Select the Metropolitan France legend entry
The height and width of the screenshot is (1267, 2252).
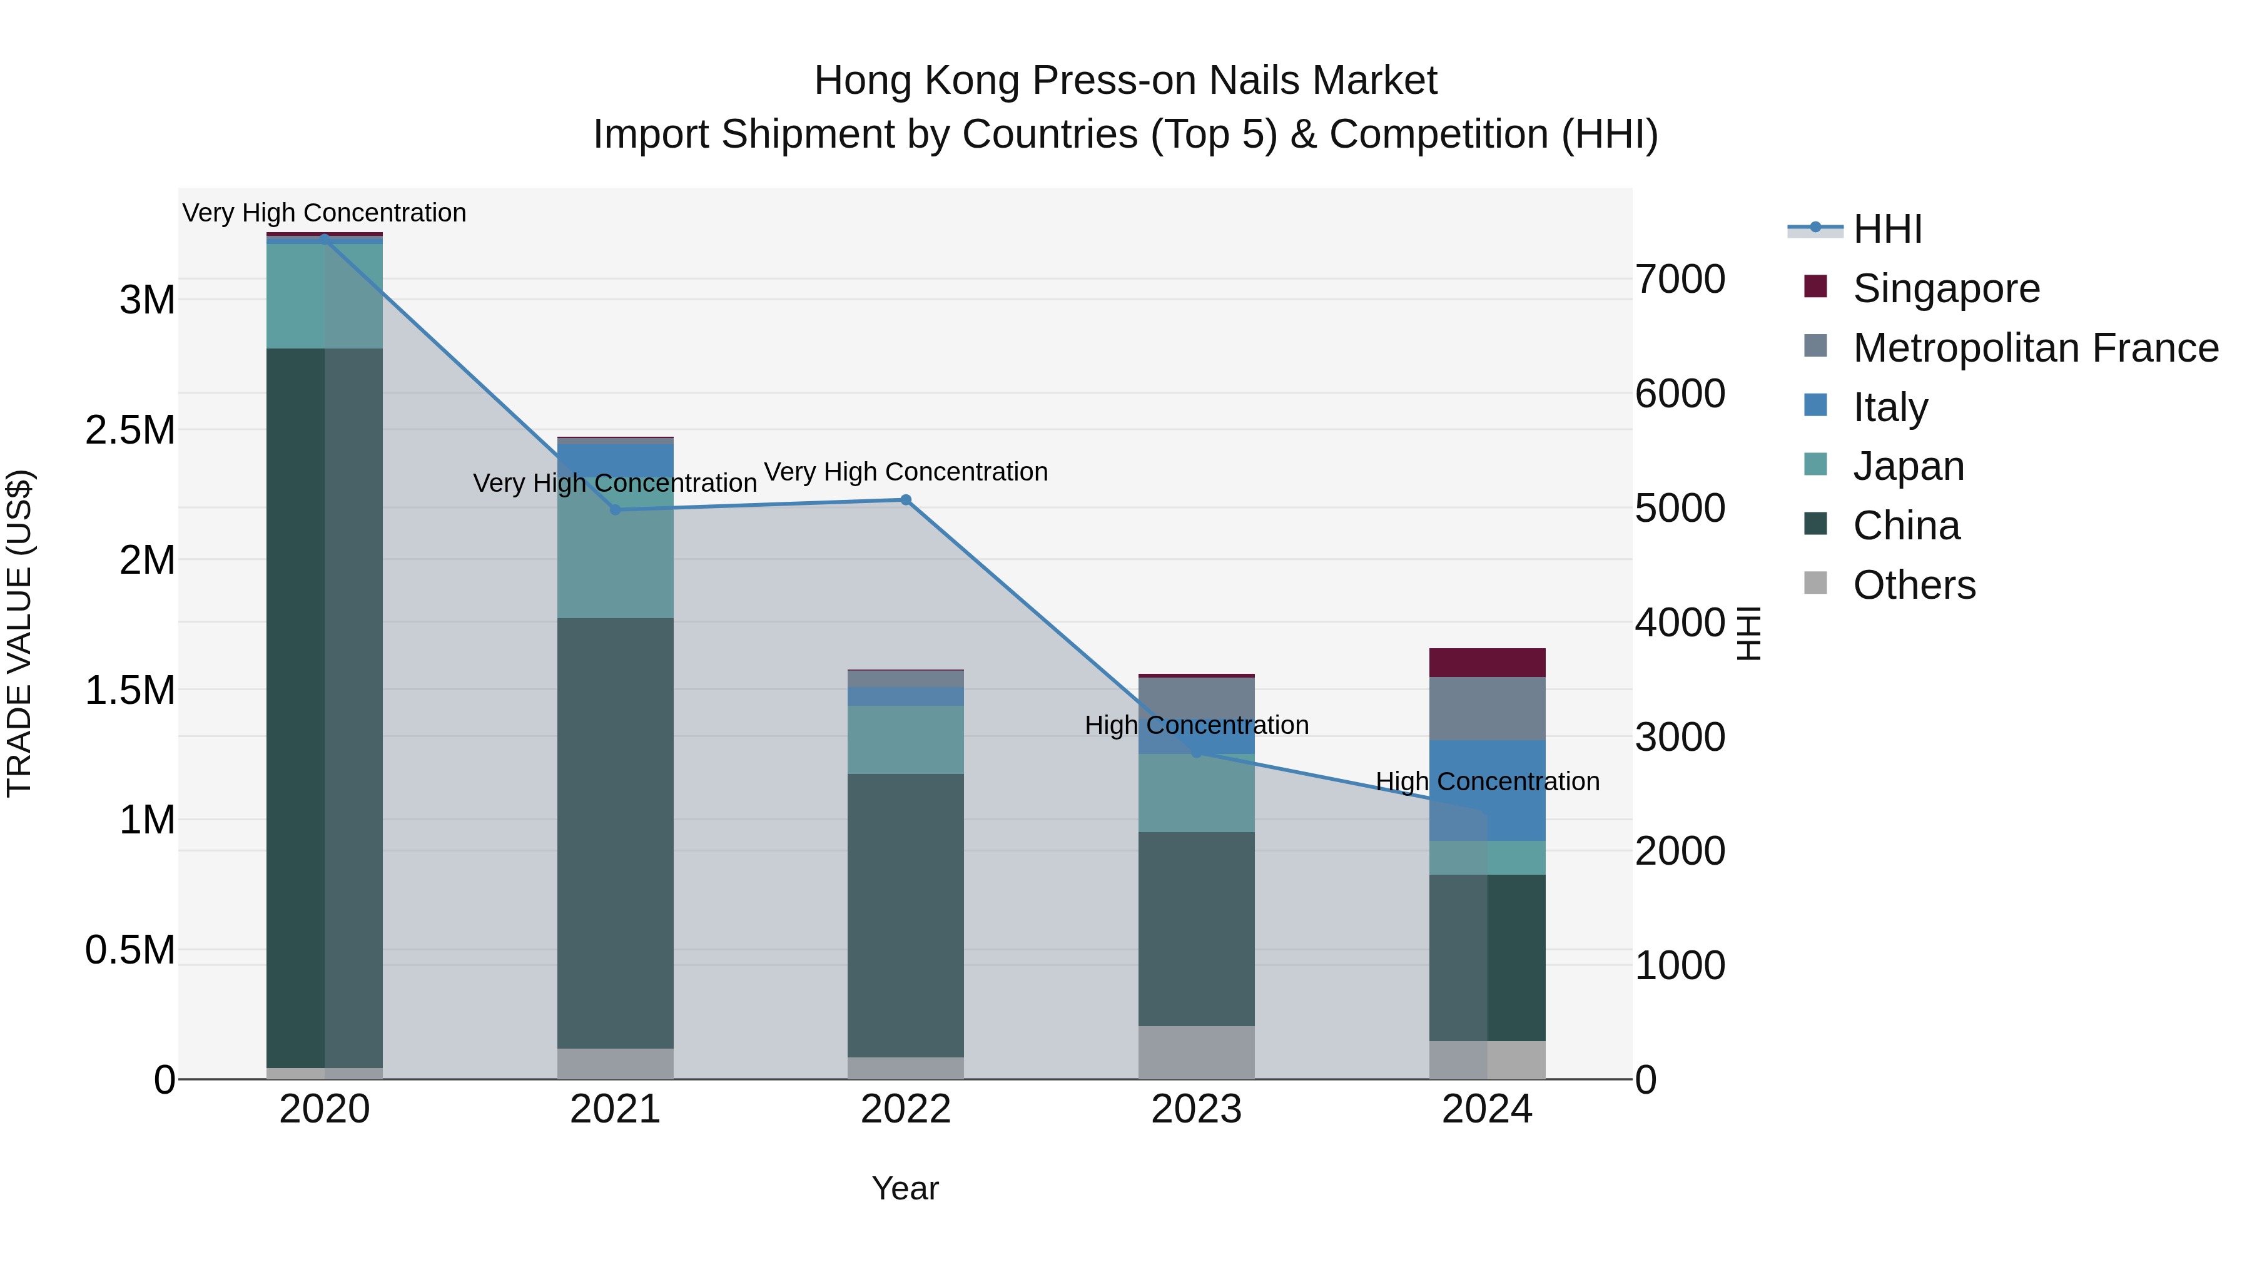point(2035,348)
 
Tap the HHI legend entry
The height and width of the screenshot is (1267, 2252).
point(1887,229)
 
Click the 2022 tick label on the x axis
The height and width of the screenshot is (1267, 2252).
point(906,1109)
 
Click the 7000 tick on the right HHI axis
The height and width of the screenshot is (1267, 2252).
point(1680,280)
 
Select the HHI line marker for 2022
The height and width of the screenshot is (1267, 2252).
point(906,500)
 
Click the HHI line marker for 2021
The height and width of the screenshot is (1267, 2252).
point(616,510)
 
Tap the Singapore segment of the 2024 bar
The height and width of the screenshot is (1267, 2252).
point(1487,663)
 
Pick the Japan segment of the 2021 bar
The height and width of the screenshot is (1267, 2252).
point(616,559)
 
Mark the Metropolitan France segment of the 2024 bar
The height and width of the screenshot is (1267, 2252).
point(1487,708)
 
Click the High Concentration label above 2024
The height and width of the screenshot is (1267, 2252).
point(1487,781)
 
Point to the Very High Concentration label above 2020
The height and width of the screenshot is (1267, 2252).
point(324,213)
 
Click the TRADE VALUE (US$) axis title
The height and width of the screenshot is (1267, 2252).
point(19,633)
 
